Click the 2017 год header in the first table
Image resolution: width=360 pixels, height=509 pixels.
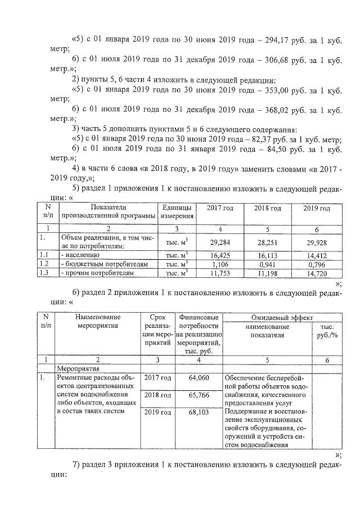[x=220, y=209]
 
